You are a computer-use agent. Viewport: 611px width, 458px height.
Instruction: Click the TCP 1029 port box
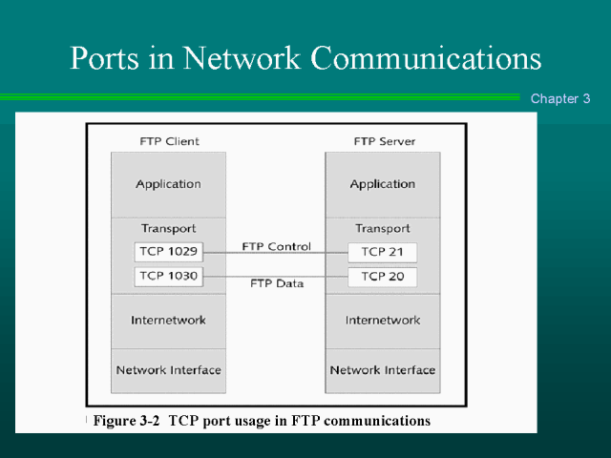(168, 252)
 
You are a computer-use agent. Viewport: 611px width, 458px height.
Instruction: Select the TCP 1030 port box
(168, 277)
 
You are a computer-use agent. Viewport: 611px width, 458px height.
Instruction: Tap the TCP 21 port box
(382, 252)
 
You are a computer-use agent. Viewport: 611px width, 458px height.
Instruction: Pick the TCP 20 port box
(382, 277)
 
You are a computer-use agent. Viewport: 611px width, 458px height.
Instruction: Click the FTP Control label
(276, 246)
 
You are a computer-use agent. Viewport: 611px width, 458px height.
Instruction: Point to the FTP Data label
(276, 283)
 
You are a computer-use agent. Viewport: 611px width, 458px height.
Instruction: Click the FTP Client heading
(169, 141)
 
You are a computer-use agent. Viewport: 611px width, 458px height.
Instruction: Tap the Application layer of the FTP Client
(168, 184)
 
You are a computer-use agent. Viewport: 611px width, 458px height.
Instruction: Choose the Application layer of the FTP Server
(382, 184)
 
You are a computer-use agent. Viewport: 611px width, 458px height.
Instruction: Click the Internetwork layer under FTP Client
(168, 320)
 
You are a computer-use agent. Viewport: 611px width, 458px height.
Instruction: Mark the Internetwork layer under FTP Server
(382, 320)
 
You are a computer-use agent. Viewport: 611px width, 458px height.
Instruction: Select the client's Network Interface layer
(168, 369)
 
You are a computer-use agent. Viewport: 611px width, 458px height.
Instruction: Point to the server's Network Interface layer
(382, 369)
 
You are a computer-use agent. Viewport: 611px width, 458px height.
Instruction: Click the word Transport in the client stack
(168, 228)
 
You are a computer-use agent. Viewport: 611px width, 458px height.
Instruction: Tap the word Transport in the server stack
(382, 228)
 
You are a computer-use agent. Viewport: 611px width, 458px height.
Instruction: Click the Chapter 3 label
(560, 98)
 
